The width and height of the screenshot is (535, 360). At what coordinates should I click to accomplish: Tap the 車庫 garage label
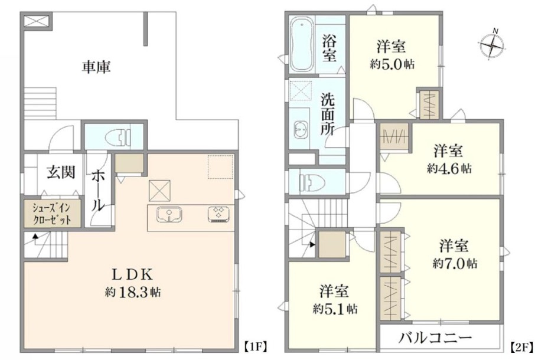(x=96, y=67)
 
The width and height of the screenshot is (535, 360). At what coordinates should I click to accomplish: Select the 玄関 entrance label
(x=61, y=172)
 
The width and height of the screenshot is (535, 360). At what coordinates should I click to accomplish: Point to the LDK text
(x=133, y=274)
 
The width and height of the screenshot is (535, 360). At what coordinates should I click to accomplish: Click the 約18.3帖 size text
(x=133, y=292)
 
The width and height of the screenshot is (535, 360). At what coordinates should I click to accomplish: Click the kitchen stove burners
(x=217, y=214)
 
